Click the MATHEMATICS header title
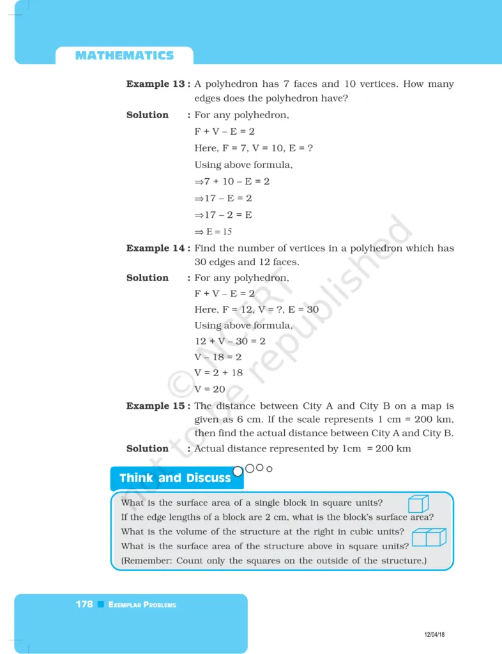pos(125,56)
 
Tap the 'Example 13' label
pos(156,84)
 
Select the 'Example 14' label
pos(156,248)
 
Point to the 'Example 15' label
pos(156,406)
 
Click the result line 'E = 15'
pos(213,232)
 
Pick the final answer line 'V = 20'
pos(209,389)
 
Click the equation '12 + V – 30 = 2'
pos(230,341)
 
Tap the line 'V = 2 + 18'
pos(218,373)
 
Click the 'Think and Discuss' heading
pos(174,478)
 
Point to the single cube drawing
pos(418,504)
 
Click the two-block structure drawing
pos(429,537)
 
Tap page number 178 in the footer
pos(84,604)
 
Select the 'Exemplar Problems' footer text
pos(142,605)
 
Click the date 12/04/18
pos(435,634)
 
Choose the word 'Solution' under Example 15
pos(148,448)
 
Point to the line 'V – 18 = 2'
pos(218,357)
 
